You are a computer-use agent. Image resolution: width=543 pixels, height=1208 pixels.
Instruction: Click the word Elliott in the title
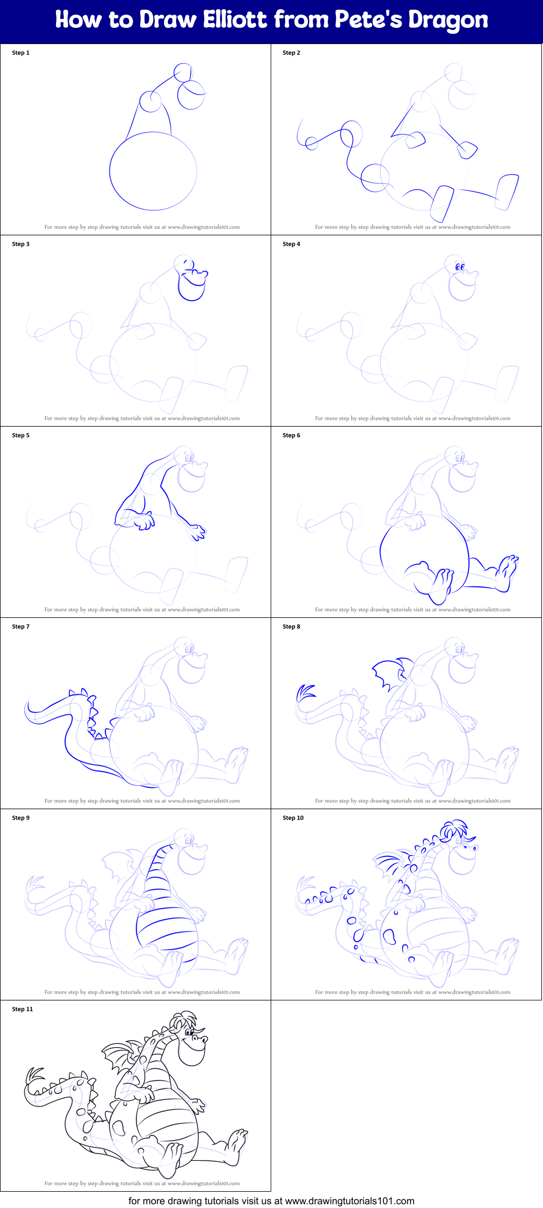pyautogui.click(x=235, y=20)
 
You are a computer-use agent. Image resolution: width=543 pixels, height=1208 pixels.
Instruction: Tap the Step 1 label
pyautogui.click(x=21, y=53)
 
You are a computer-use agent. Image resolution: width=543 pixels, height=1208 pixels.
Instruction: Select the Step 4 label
pyautogui.click(x=291, y=244)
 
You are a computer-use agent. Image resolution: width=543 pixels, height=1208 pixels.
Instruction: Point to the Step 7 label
pyautogui.click(x=21, y=627)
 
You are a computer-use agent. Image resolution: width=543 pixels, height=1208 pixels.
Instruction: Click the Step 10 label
pyautogui.click(x=293, y=818)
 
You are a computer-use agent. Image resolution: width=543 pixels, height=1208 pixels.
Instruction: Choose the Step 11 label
pyautogui.click(x=22, y=1009)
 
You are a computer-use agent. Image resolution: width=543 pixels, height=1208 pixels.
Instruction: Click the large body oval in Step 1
pyautogui.click(x=153, y=171)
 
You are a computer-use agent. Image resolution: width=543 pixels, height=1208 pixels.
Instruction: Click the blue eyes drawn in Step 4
pyautogui.click(x=460, y=267)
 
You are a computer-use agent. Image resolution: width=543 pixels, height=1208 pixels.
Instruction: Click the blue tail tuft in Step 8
pyautogui.click(x=304, y=693)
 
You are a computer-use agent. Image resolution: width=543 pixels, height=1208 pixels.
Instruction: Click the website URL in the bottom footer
pyautogui.click(x=349, y=1200)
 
